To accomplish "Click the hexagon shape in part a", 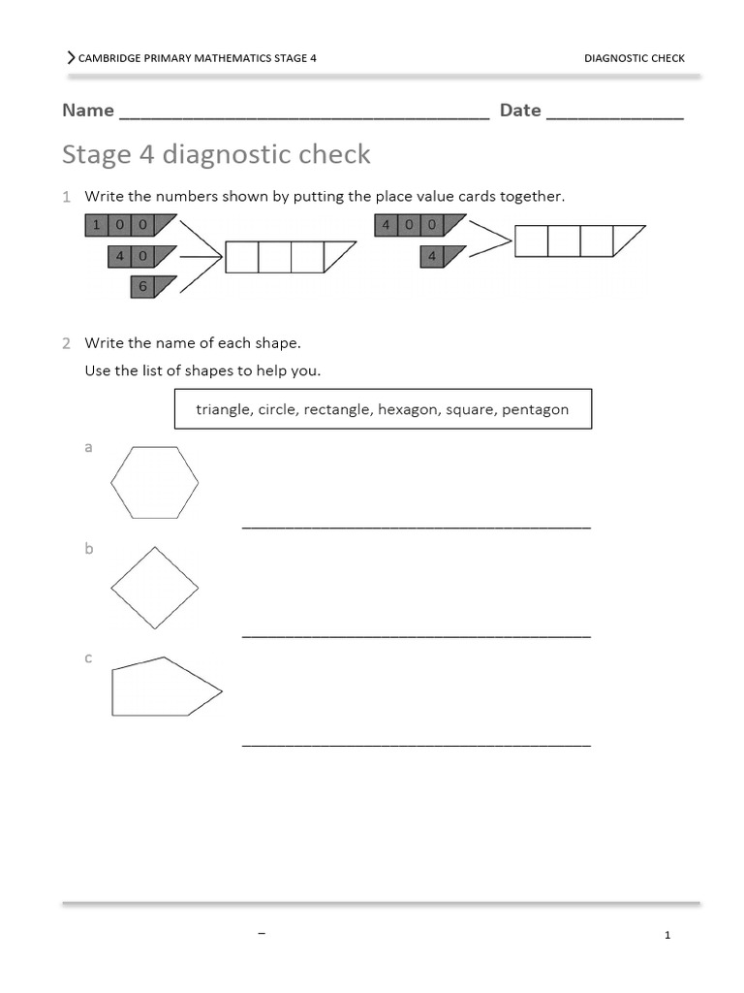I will click(x=155, y=483).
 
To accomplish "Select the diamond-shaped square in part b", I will click(x=155, y=588).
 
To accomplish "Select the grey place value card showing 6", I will click(x=151, y=287).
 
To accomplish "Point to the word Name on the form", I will click(x=88, y=111).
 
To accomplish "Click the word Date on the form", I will click(x=520, y=111).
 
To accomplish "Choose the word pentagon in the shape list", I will click(x=535, y=409).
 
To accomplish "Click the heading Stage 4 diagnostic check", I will click(x=216, y=155).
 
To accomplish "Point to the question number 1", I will click(x=67, y=197).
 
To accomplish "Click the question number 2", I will click(x=67, y=343).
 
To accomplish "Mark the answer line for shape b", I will click(x=416, y=636).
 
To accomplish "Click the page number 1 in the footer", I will click(x=667, y=936).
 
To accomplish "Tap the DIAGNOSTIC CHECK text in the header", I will click(x=634, y=58).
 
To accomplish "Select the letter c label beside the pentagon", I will click(x=88, y=657).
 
